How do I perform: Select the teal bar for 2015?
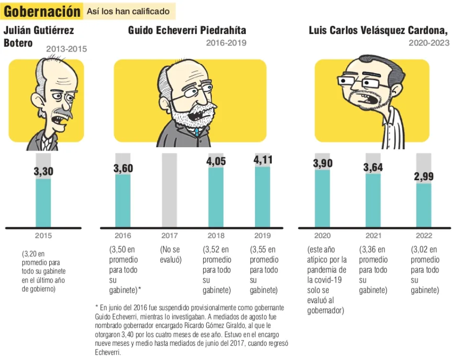click(x=43, y=203)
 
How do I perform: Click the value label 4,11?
click(x=262, y=160)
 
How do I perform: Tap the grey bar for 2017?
click(x=169, y=190)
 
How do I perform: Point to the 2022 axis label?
click(x=424, y=235)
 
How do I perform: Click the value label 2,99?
click(x=423, y=177)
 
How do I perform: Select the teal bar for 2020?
click(x=322, y=198)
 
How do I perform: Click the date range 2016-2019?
click(x=226, y=43)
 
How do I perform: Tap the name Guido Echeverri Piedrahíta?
click(x=187, y=31)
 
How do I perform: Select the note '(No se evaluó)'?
click(x=170, y=254)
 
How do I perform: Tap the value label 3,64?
click(x=373, y=168)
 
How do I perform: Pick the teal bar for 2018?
click(x=216, y=197)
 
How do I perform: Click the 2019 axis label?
click(x=262, y=235)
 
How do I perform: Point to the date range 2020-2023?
click(x=429, y=43)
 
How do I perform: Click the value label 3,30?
click(x=43, y=172)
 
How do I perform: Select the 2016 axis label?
click(x=122, y=235)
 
